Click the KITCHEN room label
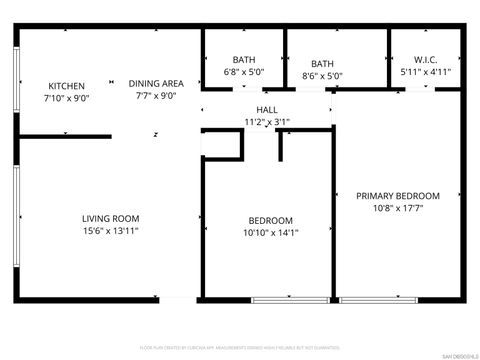click(x=66, y=86)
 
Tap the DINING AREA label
click(x=160, y=84)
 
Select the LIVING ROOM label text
click(x=110, y=218)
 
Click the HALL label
click(x=267, y=109)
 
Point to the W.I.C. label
click(x=426, y=59)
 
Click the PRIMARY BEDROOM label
click(x=398, y=196)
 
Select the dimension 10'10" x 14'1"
click(x=271, y=233)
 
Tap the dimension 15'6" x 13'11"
click(x=110, y=231)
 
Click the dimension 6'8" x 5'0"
click(x=244, y=73)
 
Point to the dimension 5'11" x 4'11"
click(x=426, y=72)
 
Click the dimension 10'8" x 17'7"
click(x=398, y=209)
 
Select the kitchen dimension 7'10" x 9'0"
click(x=66, y=99)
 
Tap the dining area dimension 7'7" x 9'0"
click(x=160, y=97)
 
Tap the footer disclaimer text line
click(x=240, y=349)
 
